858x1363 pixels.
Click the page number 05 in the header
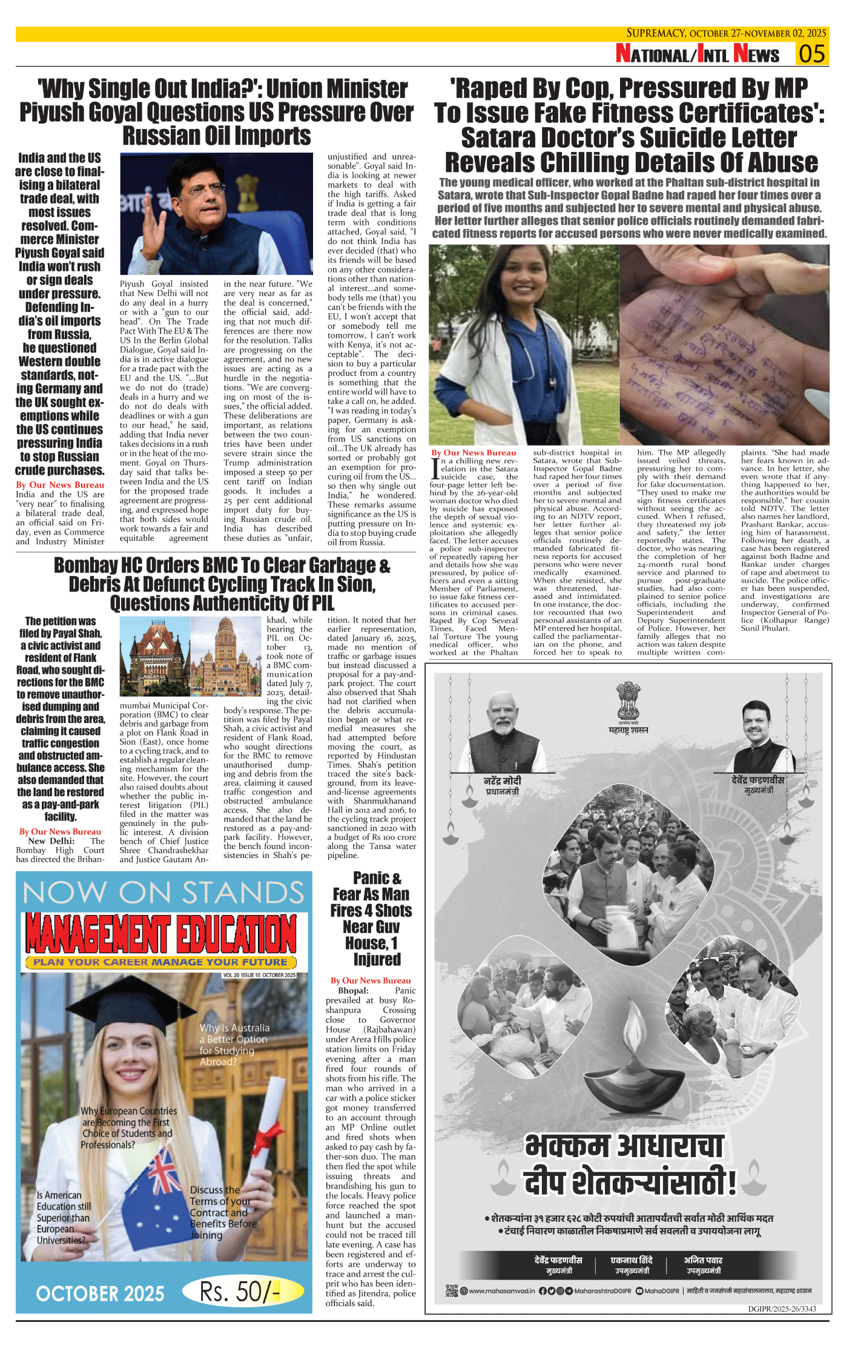tap(812, 54)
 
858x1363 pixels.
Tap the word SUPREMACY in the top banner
tap(656, 33)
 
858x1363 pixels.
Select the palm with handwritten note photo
tap(724, 345)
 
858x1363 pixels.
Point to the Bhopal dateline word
tap(353, 991)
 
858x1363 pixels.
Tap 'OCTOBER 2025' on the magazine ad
tap(101, 1294)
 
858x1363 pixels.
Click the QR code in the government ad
tap(452, 1290)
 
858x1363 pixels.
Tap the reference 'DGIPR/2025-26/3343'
tap(782, 1309)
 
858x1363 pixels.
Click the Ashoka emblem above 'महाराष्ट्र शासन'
tap(628, 702)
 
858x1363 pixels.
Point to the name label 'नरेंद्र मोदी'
tap(503, 781)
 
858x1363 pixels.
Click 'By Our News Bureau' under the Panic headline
tap(371, 980)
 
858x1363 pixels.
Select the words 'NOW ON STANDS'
tap(163, 893)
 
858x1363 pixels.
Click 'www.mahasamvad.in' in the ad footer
tap(501, 1290)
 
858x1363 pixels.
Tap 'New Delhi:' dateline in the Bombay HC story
tap(51, 841)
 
